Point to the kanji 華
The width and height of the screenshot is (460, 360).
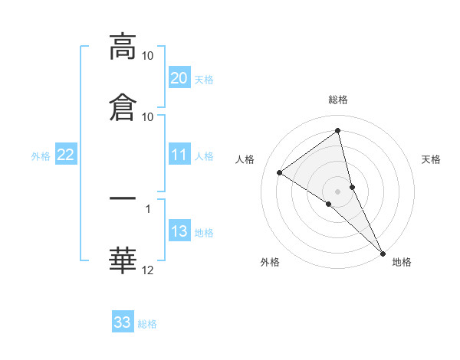(x=123, y=260)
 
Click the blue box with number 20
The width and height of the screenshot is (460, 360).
(x=179, y=77)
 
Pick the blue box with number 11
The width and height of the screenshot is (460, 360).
(x=179, y=155)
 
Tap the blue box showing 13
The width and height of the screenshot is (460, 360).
(x=179, y=232)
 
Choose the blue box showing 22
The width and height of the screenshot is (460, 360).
(x=66, y=155)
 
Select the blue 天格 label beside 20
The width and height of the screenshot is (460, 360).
(x=204, y=79)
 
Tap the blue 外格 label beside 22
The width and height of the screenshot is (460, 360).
(x=41, y=156)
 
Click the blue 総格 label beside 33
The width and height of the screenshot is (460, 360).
(x=147, y=324)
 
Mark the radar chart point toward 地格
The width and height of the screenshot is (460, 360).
(x=383, y=253)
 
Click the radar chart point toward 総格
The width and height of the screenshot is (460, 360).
(x=338, y=132)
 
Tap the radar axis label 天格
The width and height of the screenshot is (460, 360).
(x=432, y=159)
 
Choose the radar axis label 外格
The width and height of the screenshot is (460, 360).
(x=270, y=262)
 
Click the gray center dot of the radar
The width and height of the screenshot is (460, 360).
(x=338, y=190)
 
